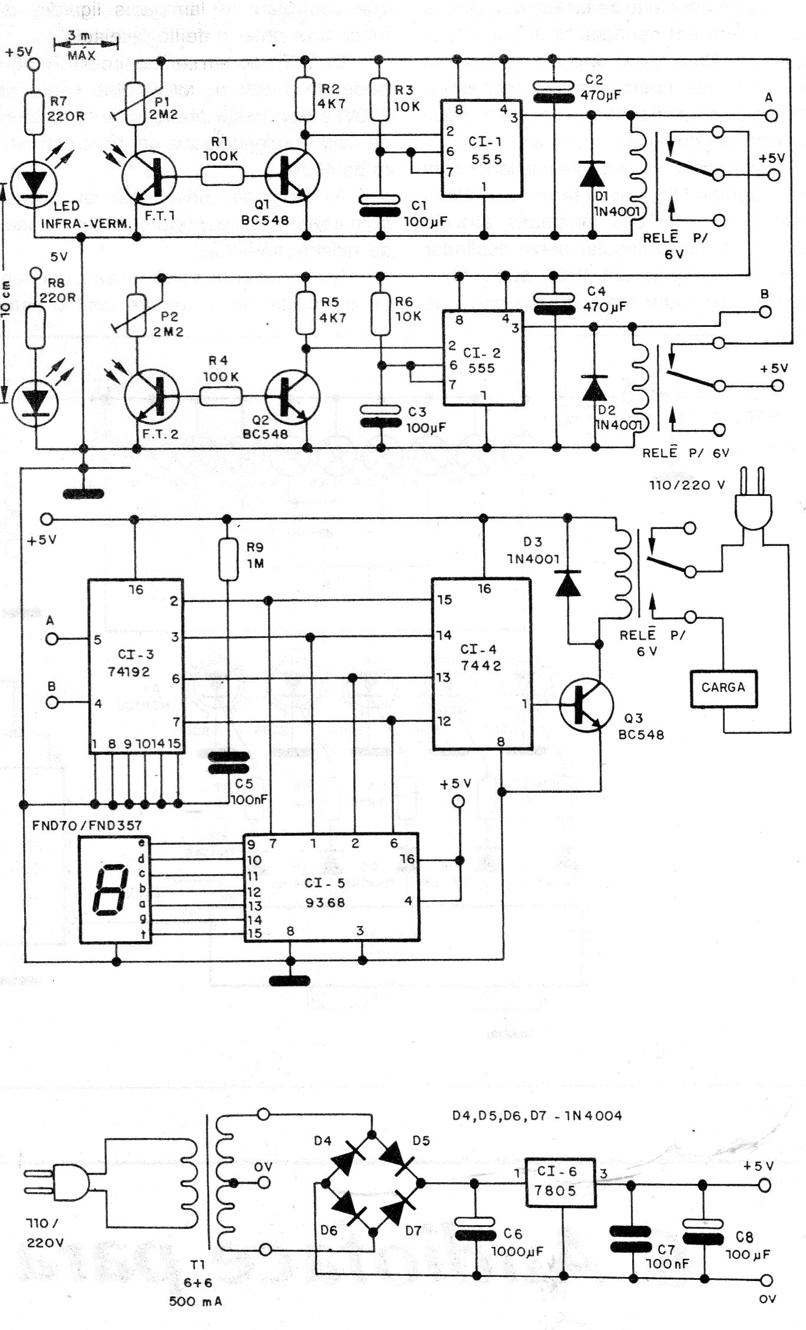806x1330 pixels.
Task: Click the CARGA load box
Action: (x=723, y=687)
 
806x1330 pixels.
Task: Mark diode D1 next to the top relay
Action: (x=592, y=173)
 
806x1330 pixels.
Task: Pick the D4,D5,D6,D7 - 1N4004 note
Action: (x=537, y=1115)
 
